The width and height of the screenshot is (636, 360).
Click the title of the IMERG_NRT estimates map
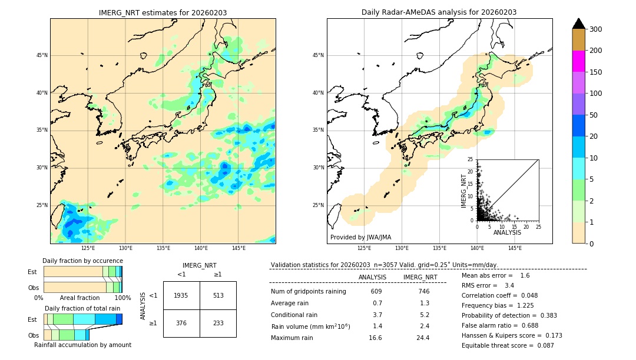[x=163, y=12]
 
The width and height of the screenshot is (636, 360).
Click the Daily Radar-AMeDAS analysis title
[x=439, y=12]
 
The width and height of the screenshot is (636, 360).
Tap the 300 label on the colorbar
[x=595, y=29]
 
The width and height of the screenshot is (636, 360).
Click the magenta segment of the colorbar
[x=578, y=61]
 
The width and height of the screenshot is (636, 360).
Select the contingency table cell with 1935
[x=181, y=295]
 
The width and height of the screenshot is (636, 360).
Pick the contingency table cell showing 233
[x=218, y=323]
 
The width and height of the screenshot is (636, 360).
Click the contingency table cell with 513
[x=218, y=295]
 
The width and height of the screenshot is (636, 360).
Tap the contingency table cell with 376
[x=181, y=323]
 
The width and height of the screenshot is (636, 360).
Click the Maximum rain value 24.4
[x=423, y=338]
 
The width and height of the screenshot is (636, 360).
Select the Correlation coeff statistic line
[x=499, y=295]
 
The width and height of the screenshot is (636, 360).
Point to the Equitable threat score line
[x=508, y=345]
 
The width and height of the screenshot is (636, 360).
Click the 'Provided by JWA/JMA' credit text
[x=360, y=237]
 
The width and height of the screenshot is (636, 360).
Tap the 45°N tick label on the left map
[x=41, y=55]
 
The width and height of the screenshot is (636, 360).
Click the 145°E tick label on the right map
[x=515, y=248]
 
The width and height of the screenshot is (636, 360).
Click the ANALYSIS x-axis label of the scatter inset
[x=507, y=232]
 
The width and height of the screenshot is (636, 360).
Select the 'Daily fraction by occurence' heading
[x=82, y=261]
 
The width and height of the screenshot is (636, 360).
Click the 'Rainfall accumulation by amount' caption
[x=82, y=345]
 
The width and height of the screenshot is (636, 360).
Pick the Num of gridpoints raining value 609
[x=376, y=291]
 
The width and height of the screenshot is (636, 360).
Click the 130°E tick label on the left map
[x=125, y=248]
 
